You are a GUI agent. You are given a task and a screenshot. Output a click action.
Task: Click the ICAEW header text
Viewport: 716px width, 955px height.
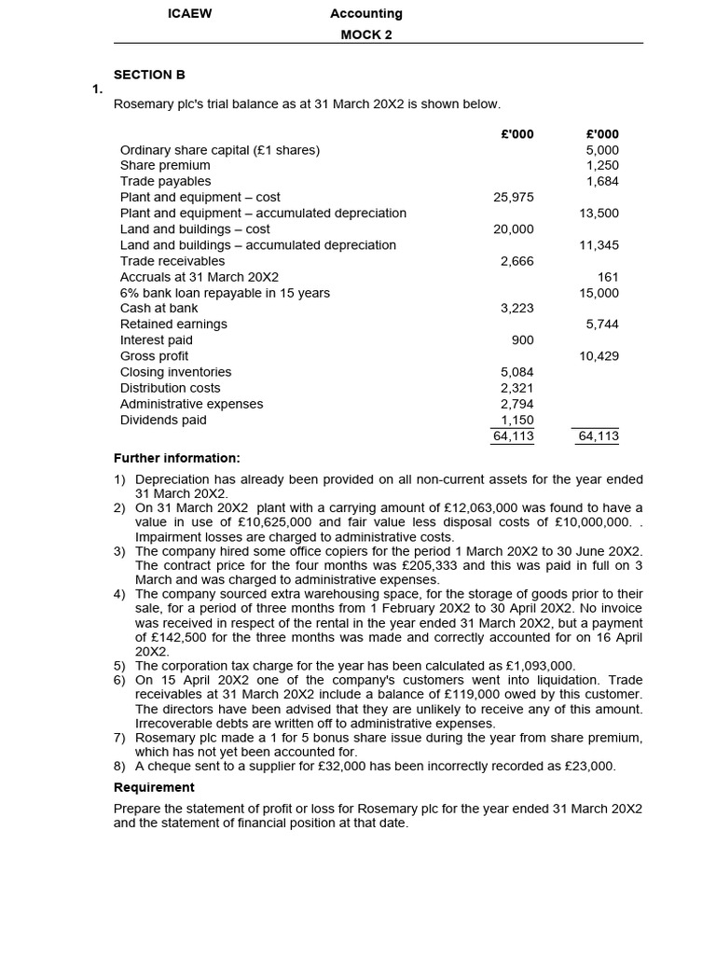click(x=188, y=14)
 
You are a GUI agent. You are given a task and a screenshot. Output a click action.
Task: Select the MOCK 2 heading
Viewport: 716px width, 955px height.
click(x=366, y=35)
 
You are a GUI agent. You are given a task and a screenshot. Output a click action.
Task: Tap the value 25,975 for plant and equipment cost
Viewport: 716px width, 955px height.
click(x=514, y=197)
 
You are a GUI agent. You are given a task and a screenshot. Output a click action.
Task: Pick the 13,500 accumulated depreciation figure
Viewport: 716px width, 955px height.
click(x=599, y=213)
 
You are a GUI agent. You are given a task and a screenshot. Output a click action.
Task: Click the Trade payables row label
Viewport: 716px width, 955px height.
click(x=165, y=181)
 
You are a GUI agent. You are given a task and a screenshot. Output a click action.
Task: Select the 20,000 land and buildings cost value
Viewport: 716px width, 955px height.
click(x=514, y=228)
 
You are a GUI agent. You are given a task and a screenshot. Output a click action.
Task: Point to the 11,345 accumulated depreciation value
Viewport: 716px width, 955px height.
click(x=599, y=245)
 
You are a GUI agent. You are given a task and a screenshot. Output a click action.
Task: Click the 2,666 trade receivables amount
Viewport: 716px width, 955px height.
click(x=517, y=261)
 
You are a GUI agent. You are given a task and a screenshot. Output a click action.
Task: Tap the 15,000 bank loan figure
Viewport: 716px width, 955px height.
click(x=599, y=293)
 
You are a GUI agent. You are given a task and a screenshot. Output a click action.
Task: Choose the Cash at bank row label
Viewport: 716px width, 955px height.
click(x=158, y=308)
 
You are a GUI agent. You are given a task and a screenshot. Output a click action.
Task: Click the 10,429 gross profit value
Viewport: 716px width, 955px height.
click(x=599, y=356)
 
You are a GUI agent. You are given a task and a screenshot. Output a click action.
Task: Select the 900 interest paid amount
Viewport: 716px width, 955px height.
click(x=523, y=340)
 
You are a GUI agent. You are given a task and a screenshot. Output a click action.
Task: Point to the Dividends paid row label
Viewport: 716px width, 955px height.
click(x=163, y=420)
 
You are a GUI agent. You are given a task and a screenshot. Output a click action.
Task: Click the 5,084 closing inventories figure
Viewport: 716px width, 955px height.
click(x=517, y=372)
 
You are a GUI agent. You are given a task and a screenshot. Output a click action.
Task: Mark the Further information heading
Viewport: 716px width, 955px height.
click(x=177, y=458)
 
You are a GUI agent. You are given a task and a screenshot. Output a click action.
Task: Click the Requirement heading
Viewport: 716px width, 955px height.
click(x=154, y=787)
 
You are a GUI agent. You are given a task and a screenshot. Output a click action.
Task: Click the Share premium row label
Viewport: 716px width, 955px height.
click(x=165, y=165)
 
